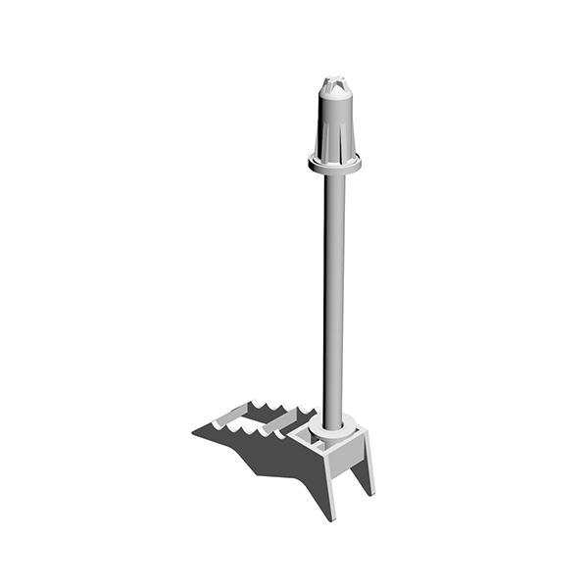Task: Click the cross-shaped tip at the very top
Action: click(334, 79)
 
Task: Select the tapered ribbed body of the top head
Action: click(334, 127)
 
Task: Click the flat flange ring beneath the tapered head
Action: click(334, 164)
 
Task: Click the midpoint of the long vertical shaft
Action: click(333, 294)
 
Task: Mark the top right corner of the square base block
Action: click(364, 430)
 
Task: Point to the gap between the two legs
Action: click(349, 484)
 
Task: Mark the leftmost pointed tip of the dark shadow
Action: click(192, 432)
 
